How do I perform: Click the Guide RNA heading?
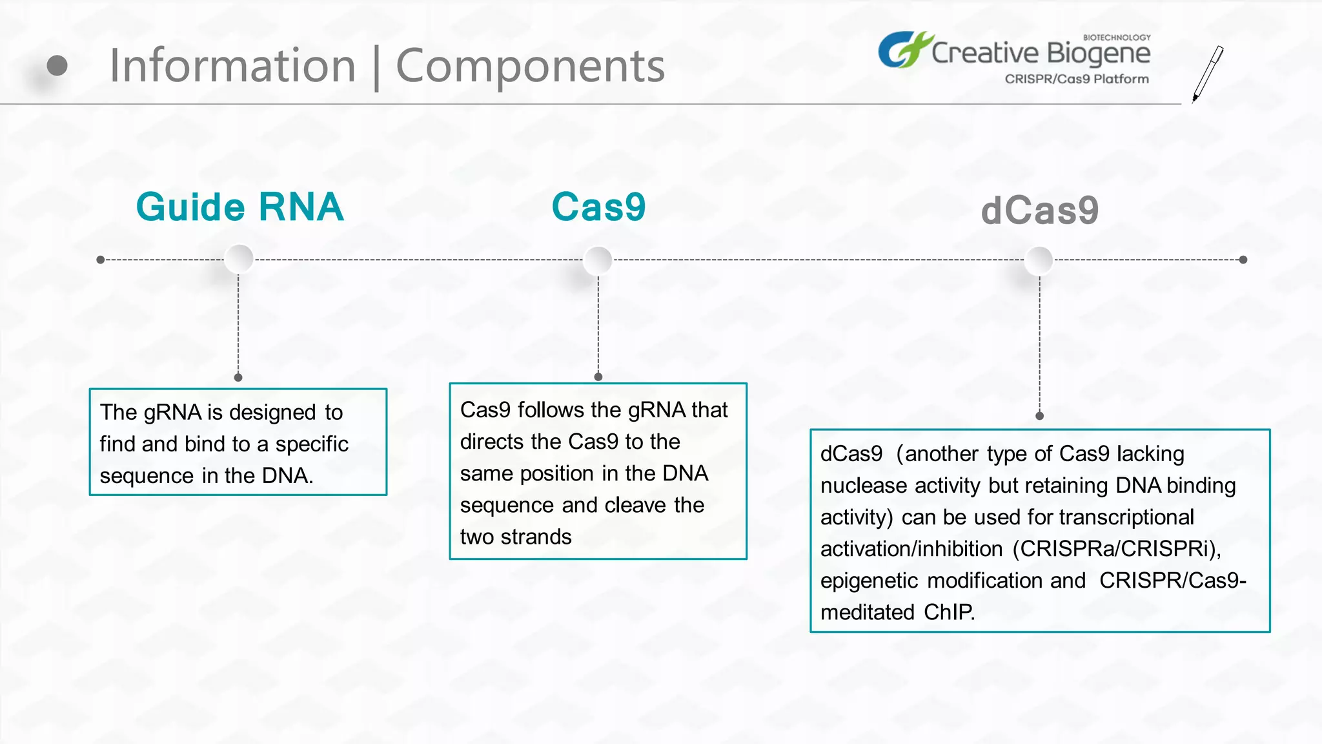(239, 207)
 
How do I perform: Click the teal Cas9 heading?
(598, 207)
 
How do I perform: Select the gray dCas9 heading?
(1039, 211)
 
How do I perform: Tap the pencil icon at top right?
(1207, 74)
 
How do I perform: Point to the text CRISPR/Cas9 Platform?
(1076, 79)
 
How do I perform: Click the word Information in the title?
(232, 66)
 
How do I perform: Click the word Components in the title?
(530, 66)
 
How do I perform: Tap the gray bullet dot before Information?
(57, 65)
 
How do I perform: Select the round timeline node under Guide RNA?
(239, 259)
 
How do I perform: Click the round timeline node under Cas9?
(598, 260)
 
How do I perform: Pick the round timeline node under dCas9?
(1039, 260)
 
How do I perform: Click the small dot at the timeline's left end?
(100, 260)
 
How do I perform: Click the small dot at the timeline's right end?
(1243, 260)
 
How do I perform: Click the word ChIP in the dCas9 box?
(948, 612)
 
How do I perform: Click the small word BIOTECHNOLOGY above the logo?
(1116, 37)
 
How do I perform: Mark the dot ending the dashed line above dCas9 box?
(1039, 416)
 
